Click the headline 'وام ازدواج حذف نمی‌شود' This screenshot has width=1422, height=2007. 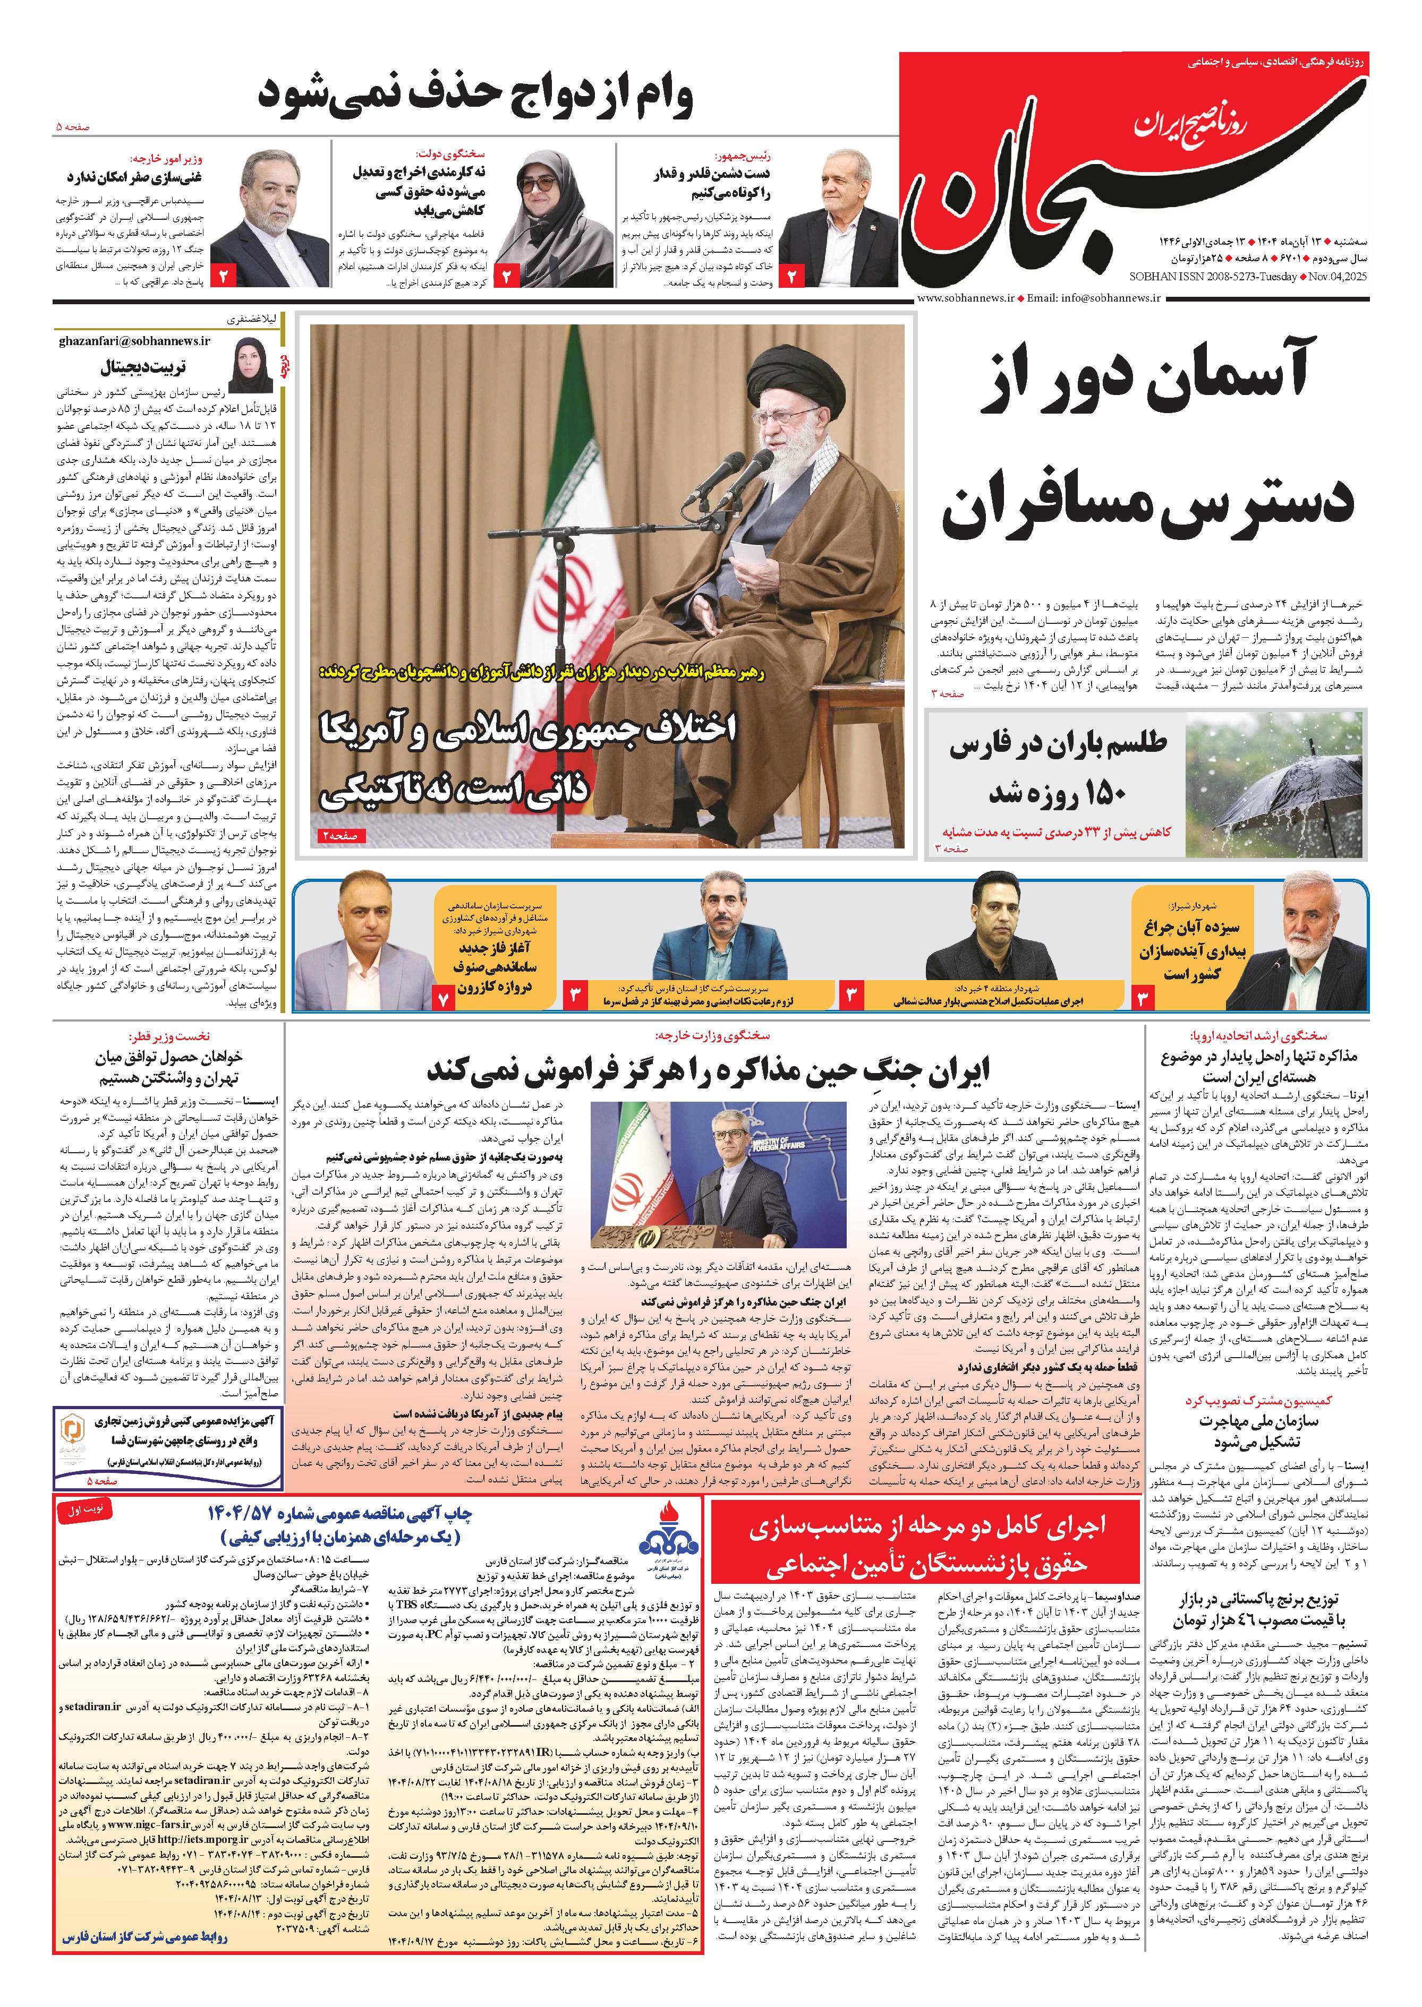coord(475,96)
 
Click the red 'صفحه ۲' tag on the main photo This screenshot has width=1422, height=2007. coord(343,836)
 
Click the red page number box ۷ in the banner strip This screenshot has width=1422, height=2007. coord(444,996)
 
